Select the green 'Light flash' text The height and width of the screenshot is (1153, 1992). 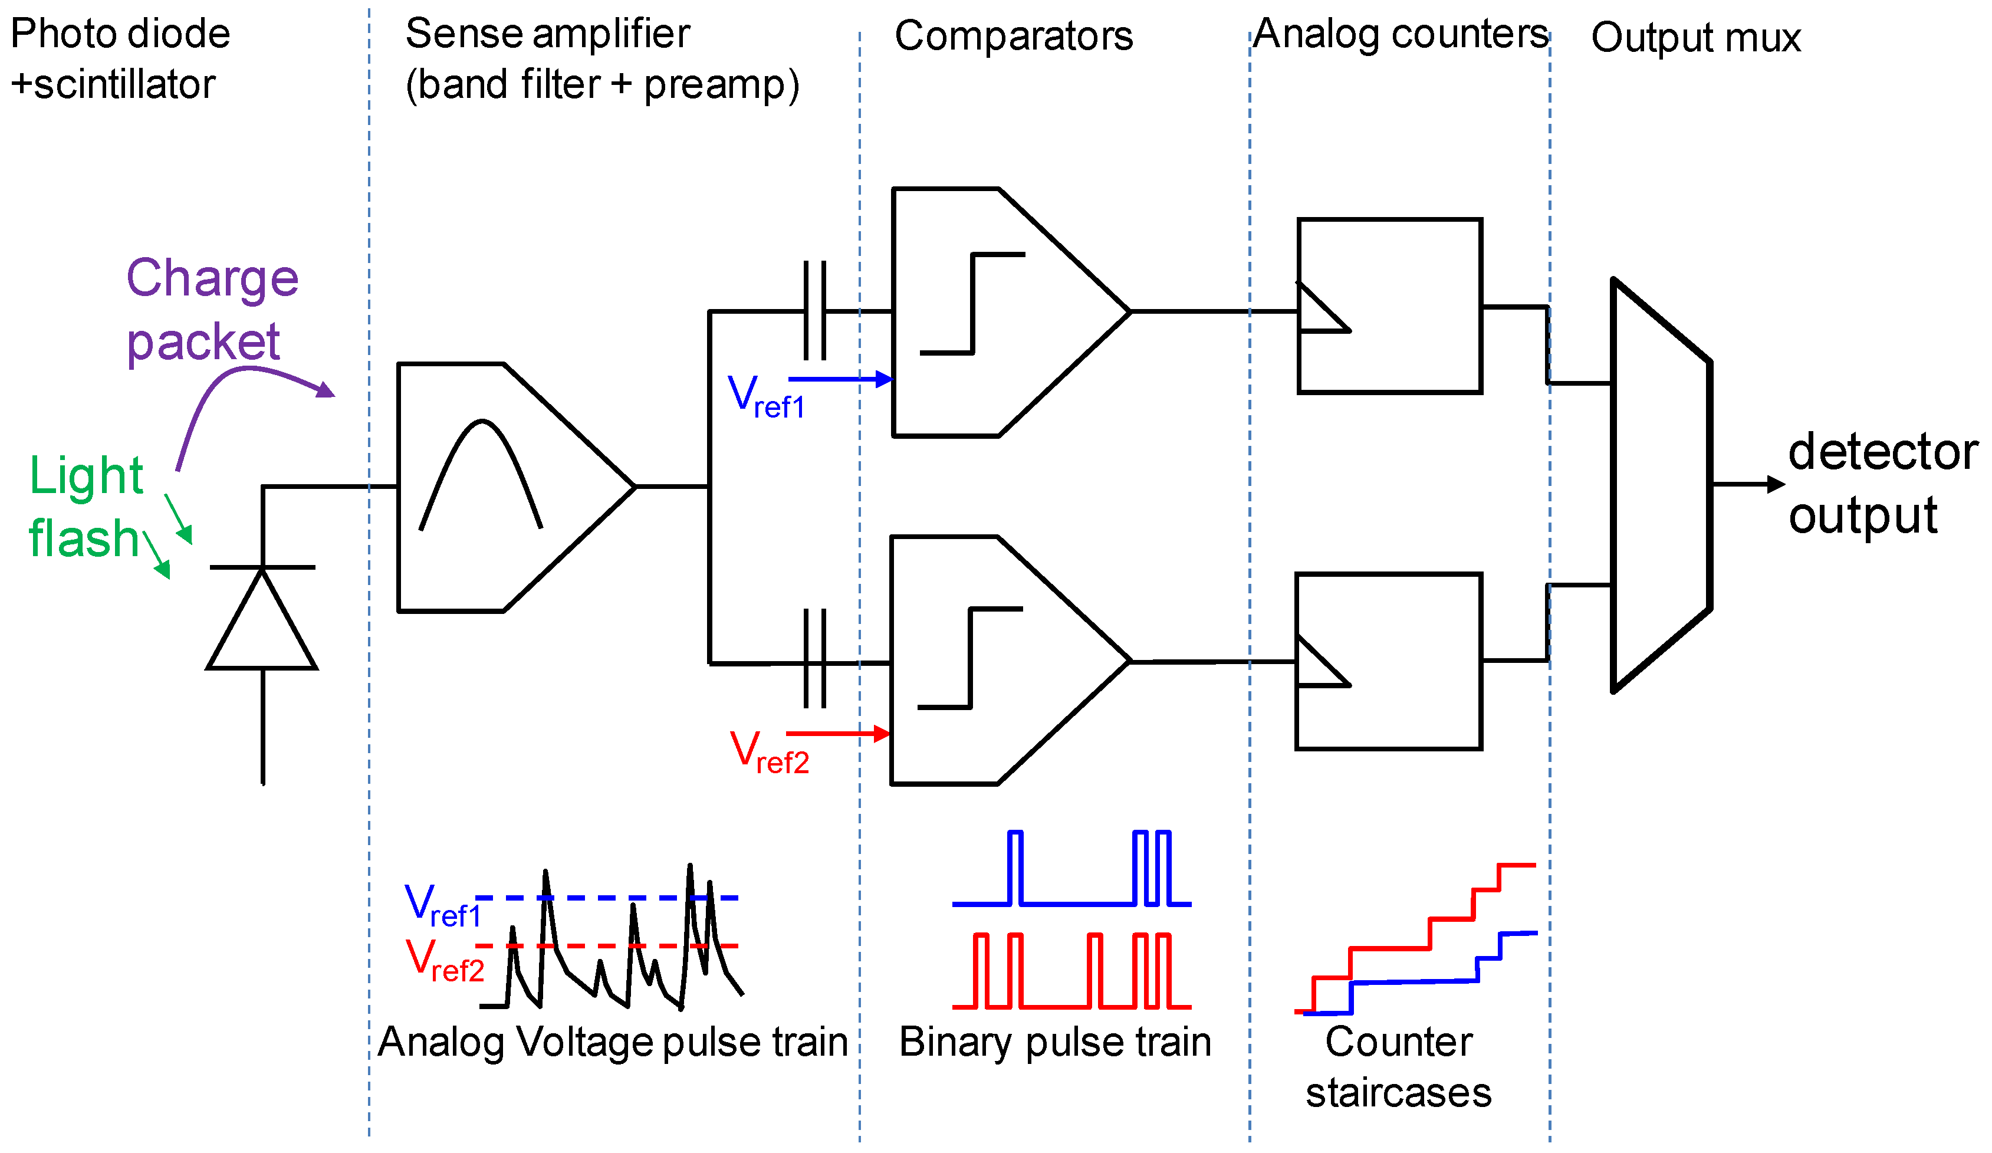(x=86, y=507)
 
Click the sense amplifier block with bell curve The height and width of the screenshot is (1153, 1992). (x=506, y=487)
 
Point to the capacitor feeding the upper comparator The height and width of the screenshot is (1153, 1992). (x=814, y=311)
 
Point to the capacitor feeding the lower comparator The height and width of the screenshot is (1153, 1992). (x=814, y=659)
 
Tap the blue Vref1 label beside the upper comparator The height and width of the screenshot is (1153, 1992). (x=765, y=395)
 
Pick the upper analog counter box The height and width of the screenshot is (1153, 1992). (x=1389, y=306)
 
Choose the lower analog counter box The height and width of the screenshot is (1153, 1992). (x=1388, y=661)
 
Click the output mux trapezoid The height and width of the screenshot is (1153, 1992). (x=1661, y=485)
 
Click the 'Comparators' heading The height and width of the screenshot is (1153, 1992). (x=1013, y=37)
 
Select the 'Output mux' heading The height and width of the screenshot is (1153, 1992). (x=1695, y=38)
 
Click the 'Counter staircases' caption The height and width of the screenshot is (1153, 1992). (x=1398, y=1067)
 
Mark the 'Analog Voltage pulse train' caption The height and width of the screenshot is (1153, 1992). (x=613, y=1042)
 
